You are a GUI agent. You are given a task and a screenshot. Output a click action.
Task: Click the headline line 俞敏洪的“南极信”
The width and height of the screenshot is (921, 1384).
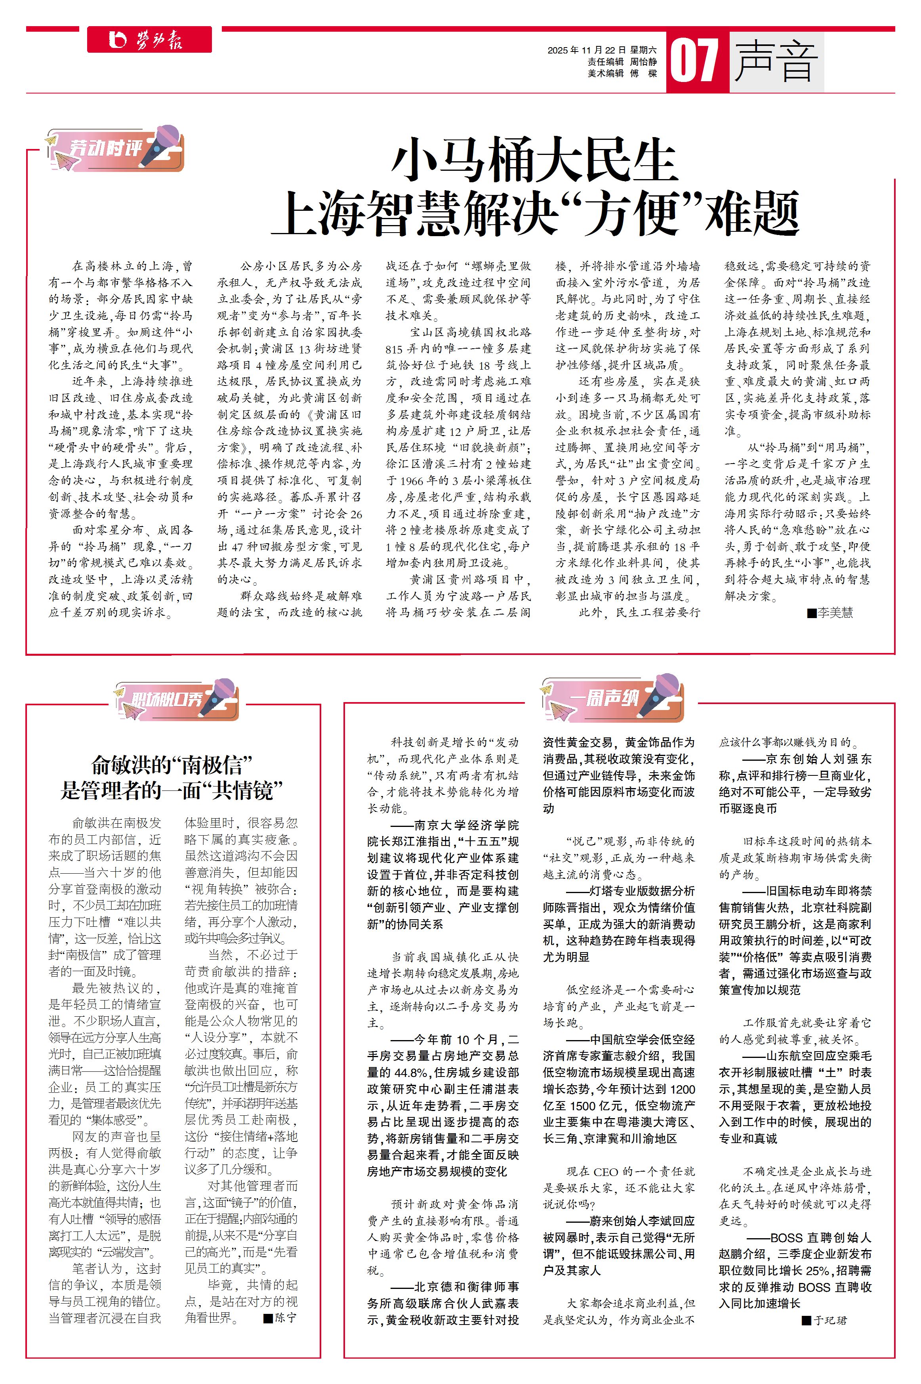(x=172, y=765)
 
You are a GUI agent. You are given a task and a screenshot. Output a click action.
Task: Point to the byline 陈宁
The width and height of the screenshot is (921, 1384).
(x=286, y=1317)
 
